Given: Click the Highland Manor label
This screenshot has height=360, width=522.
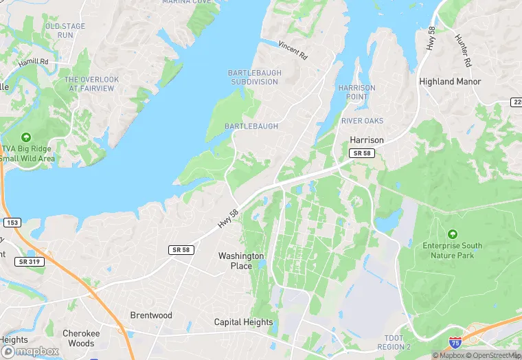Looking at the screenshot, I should (x=450, y=81).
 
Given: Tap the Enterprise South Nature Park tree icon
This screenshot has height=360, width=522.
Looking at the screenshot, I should (x=452, y=234).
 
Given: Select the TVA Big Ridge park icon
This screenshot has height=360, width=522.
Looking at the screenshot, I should (x=26, y=137).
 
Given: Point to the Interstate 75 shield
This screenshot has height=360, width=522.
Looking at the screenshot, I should (x=455, y=341).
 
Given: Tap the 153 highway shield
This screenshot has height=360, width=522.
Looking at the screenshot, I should (x=12, y=223).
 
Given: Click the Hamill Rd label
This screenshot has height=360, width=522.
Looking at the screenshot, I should (x=34, y=61).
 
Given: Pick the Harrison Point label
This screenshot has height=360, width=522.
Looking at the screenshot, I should (x=357, y=93).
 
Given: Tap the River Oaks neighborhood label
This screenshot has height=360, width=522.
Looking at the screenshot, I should (x=362, y=121).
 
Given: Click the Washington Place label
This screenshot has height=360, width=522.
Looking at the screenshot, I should (x=241, y=261).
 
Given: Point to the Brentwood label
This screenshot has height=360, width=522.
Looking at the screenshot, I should (x=151, y=315).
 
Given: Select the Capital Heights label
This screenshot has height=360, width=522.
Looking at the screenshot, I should (x=243, y=322).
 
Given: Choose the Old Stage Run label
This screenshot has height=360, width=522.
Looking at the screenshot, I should (x=65, y=30).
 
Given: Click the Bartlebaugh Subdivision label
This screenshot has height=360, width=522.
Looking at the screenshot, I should (x=253, y=77).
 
